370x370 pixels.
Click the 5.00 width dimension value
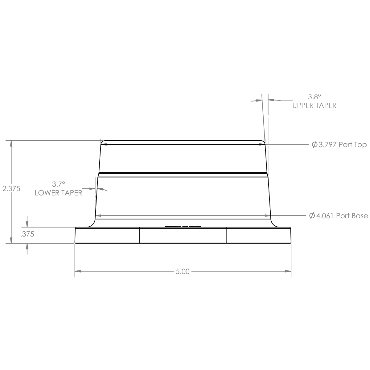tap(183, 272)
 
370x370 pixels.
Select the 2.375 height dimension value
tap(11, 189)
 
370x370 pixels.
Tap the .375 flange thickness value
tap(27, 234)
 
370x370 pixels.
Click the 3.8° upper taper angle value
tap(314, 97)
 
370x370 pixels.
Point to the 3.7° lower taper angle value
tap(59, 184)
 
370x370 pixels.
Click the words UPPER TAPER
tap(314, 105)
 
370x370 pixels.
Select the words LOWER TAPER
tap(58, 193)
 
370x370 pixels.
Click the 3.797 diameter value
tap(327, 145)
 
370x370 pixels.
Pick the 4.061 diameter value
tap(325, 216)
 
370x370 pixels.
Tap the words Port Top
tap(353, 145)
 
